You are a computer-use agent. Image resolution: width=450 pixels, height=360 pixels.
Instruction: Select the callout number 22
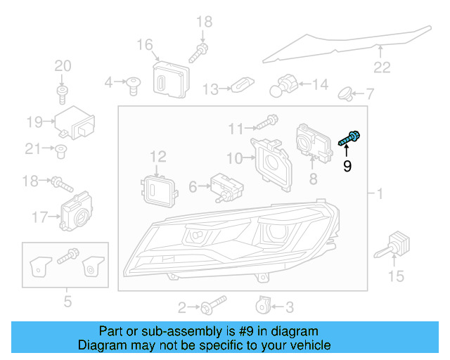[x=381, y=67]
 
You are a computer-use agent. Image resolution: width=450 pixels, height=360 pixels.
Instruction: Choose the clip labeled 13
[x=241, y=86]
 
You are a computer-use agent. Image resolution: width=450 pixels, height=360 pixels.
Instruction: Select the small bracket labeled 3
[x=262, y=305]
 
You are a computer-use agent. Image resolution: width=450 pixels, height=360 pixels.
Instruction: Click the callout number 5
[x=67, y=303]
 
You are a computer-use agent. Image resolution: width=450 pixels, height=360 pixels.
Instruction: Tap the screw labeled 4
[x=131, y=84]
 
